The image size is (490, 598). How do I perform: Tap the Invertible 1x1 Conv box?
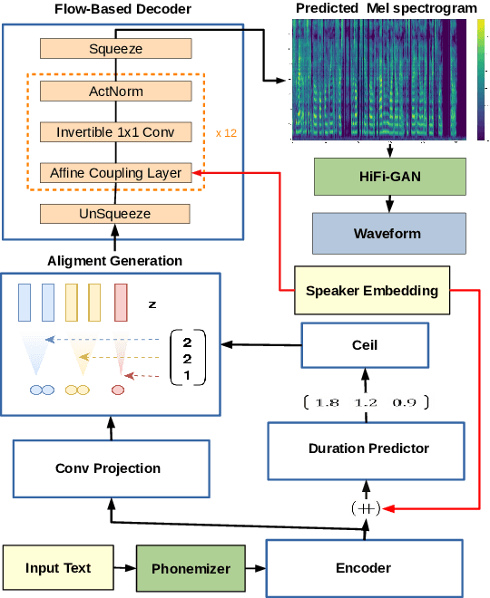click(115, 131)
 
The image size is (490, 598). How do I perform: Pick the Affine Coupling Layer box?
click(115, 172)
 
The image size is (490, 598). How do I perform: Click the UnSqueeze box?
click(115, 214)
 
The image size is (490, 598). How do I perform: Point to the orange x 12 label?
click(227, 132)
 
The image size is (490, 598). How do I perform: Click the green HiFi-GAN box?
click(387, 176)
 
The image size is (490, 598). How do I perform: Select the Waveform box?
click(387, 233)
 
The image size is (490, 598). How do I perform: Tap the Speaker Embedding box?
click(372, 291)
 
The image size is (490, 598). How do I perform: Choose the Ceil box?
click(365, 345)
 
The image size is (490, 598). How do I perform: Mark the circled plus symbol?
click(365, 508)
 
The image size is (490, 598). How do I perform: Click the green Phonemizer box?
click(191, 568)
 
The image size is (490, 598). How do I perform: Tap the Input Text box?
click(57, 568)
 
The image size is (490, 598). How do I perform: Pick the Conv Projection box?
click(108, 468)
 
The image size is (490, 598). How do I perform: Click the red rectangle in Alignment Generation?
click(120, 302)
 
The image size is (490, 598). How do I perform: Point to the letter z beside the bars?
click(152, 304)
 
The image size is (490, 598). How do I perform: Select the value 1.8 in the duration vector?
click(328, 401)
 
